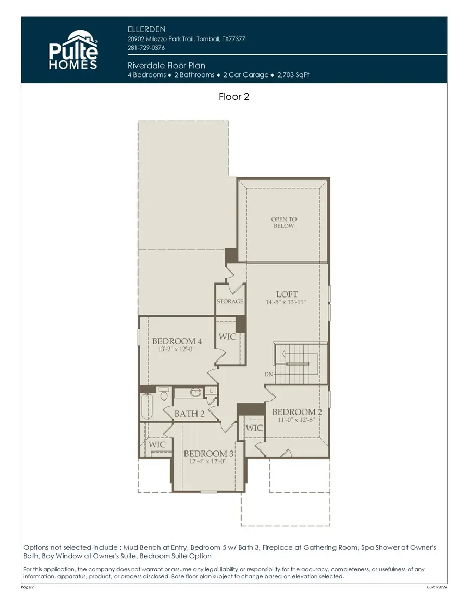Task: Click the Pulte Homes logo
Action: point(73,50)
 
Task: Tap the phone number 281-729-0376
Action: point(146,48)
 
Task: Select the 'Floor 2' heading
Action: point(234,97)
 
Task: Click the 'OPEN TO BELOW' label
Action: point(283,223)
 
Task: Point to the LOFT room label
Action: point(287,294)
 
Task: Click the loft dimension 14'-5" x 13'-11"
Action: point(286,302)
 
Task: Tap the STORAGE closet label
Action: point(230,301)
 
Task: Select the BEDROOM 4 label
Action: point(177,341)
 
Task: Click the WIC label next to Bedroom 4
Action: point(227,337)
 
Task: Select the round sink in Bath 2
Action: point(196,392)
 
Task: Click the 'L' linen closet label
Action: point(211,390)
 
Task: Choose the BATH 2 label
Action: point(189,414)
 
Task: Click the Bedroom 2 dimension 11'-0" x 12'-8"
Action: point(297,420)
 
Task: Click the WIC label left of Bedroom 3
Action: point(157,445)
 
